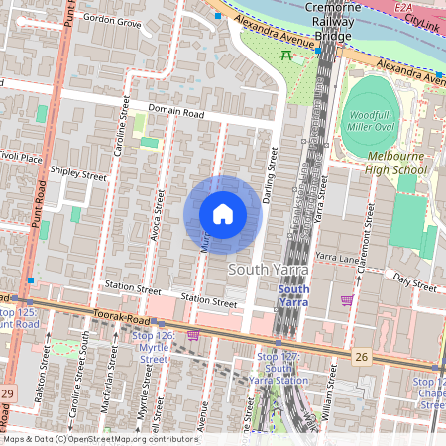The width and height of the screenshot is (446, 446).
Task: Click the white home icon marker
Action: pos(223,213)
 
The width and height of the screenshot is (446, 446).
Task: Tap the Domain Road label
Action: pos(175,113)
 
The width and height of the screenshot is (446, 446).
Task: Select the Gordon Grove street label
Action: pos(111,19)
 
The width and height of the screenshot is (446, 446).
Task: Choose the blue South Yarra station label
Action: pos(293,296)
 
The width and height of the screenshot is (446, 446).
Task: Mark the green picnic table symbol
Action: pos(287,56)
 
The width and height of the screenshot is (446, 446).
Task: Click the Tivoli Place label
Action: pos(21,158)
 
